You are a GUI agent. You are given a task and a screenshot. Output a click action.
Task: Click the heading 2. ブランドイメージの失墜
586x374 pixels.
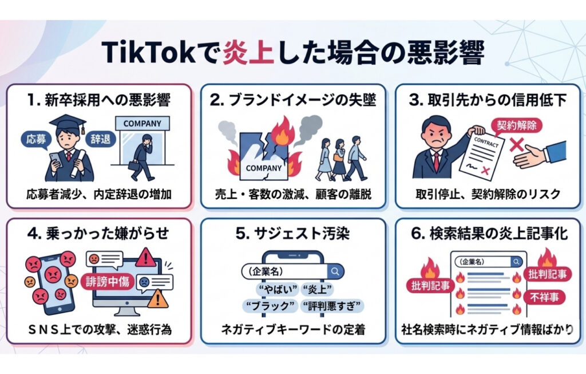tap(293, 100)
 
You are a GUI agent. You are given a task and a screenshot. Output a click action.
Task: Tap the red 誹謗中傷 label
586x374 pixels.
tap(108, 282)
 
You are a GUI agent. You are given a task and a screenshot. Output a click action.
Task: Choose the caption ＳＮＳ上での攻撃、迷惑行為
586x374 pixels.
tap(97, 329)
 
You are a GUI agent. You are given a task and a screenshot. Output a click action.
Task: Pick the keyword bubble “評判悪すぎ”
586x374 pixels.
tap(332, 306)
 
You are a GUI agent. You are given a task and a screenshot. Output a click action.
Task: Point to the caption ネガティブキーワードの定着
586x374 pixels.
tap(293, 329)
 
